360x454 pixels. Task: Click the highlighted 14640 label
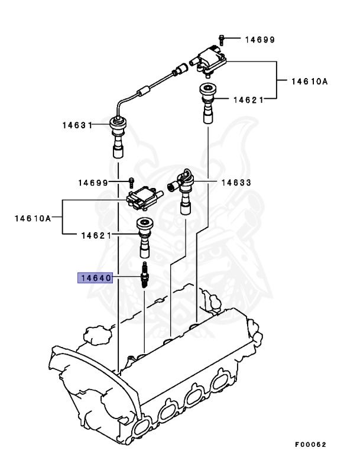point(95,277)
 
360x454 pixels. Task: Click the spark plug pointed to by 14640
point(144,277)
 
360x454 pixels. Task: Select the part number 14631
point(77,125)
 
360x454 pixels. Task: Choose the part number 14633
point(236,183)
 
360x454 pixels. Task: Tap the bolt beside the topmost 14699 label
point(221,38)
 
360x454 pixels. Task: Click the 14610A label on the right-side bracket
point(308,82)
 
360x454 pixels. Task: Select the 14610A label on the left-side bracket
point(33,218)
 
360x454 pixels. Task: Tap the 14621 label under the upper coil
point(248,100)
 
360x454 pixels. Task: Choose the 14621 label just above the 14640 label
point(96,235)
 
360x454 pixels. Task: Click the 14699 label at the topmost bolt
point(260,40)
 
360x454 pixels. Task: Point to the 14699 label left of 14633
point(93,183)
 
